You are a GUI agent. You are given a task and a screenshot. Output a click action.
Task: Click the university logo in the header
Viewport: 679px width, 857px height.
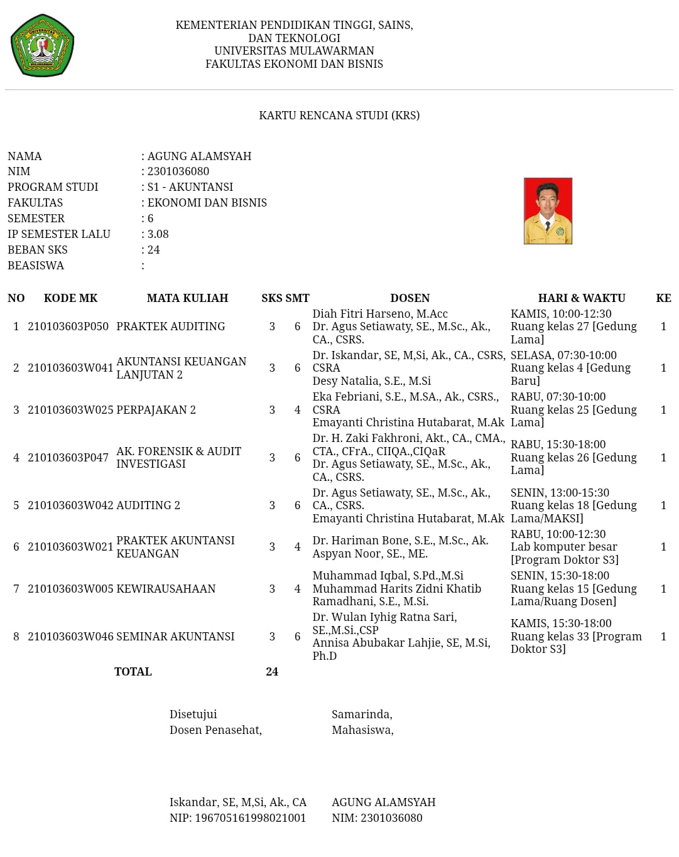tap(42, 45)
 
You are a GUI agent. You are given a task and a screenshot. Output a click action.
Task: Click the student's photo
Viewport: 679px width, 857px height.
tap(548, 211)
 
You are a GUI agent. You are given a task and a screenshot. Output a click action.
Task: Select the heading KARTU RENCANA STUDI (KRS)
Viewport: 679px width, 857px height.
tap(339, 116)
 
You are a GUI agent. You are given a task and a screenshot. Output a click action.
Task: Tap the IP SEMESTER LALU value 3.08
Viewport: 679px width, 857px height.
tap(158, 234)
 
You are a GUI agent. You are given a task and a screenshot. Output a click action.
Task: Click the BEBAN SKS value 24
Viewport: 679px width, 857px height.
tap(153, 250)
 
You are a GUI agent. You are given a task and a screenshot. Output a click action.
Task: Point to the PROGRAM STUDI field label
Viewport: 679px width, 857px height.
tap(53, 187)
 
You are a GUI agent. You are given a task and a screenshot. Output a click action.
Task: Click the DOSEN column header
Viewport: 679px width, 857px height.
tap(410, 298)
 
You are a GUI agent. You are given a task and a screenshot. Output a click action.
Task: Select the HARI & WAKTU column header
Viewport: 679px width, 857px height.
tap(582, 298)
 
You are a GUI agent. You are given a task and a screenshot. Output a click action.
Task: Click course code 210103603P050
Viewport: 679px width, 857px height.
tap(68, 326)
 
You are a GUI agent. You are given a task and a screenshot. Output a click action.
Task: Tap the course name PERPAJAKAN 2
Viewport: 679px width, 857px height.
tap(156, 410)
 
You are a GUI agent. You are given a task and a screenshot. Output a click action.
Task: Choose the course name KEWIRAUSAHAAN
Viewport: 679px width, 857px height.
tap(166, 589)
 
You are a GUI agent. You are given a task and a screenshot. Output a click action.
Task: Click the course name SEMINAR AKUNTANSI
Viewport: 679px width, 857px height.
tap(175, 637)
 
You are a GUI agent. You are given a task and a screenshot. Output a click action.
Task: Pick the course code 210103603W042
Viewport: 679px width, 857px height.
tap(70, 505)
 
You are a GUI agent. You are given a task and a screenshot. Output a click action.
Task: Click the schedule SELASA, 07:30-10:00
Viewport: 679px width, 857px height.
tap(563, 355)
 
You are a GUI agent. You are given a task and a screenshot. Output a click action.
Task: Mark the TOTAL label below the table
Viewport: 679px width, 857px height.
tap(133, 672)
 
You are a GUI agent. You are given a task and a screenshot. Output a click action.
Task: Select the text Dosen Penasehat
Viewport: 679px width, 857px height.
tap(215, 730)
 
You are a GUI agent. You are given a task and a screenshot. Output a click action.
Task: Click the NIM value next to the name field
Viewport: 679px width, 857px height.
tap(178, 171)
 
